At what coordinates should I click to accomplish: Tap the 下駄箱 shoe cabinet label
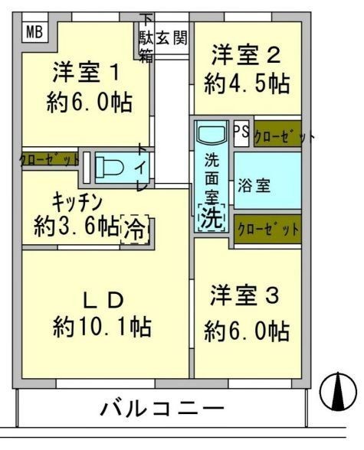click(x=145, y=38)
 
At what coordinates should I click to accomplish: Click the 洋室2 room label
click(x=245, y=55)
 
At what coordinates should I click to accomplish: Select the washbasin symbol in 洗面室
click(x=210, y=134)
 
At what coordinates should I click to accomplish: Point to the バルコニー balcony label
click(x=162, y=408)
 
